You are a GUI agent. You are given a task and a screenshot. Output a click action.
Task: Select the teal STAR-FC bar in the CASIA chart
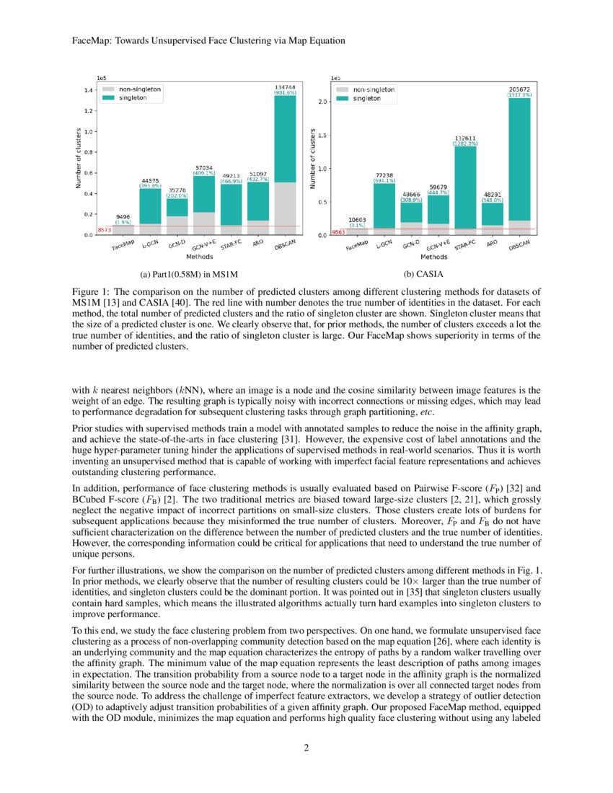coord(466,187)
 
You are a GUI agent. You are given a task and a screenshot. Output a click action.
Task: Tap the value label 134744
coord(286,86)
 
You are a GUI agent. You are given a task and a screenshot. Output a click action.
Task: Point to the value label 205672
coord(519,89)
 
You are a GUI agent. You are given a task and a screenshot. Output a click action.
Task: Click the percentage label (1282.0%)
coord(466,144)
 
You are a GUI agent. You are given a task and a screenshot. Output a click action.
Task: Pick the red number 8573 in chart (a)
coord(103,229)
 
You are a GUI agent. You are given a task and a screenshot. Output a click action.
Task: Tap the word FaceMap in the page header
coord(92,41)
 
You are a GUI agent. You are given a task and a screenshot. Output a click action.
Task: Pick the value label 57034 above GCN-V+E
coord(204,167)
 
